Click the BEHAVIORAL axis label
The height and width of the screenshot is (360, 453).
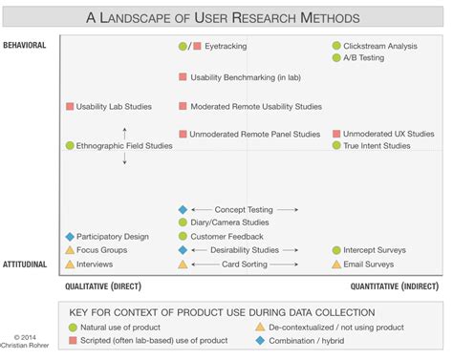[x=25, y=45]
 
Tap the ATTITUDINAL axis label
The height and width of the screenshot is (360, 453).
[x=25, y=264]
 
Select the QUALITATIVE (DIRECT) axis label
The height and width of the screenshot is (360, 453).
[x=103, y=286]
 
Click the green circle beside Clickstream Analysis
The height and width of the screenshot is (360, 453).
[x=336, y=46]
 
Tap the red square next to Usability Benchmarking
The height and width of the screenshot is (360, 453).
[x=183, y=76]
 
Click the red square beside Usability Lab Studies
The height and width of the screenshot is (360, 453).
[x=70, y=107]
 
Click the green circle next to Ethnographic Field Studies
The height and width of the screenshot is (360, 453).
[x=70, y=146]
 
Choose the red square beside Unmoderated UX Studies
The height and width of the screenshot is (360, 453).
[x=336, y=134]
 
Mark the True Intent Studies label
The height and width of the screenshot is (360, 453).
[x=377, y=146]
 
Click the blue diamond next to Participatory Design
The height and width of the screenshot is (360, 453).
[x=70, y=236]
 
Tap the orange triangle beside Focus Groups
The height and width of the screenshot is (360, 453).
[x=70, y=250]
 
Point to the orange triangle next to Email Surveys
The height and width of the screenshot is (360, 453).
[x=336, y=265]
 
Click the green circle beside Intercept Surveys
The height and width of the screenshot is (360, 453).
[x=336, y=250]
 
